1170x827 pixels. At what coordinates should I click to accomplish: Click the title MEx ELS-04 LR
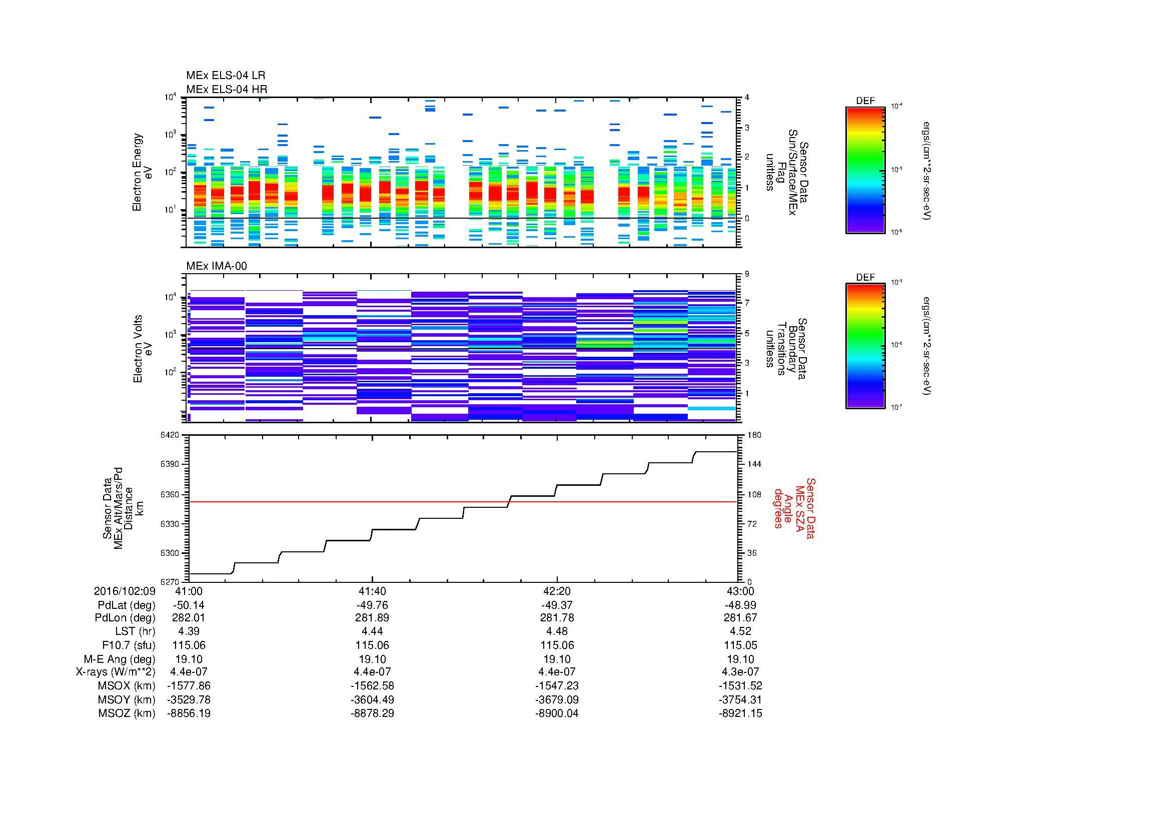coord(226,76)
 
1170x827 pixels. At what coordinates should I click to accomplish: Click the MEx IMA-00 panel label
coord(217,266)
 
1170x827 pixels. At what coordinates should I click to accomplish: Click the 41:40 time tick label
coord(373,591)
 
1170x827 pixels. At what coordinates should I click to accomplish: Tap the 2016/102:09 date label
coord(125,591)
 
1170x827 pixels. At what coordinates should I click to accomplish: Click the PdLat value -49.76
coord(373,605)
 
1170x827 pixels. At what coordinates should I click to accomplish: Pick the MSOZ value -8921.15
coord(740,713)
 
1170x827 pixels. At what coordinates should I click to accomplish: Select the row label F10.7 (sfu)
coord(129,645)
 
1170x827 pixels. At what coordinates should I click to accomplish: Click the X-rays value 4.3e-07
coord(740,672)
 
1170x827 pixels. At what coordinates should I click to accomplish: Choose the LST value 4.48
coord(557,631)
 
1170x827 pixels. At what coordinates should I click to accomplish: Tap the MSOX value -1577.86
coord(189,686)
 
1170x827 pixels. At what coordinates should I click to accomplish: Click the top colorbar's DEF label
coord(865,101)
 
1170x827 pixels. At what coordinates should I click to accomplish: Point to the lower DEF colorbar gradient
coord(865,347)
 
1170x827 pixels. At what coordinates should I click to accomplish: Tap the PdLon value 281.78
coord(557,618)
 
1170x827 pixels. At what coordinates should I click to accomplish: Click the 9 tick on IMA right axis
coord(747,274)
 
